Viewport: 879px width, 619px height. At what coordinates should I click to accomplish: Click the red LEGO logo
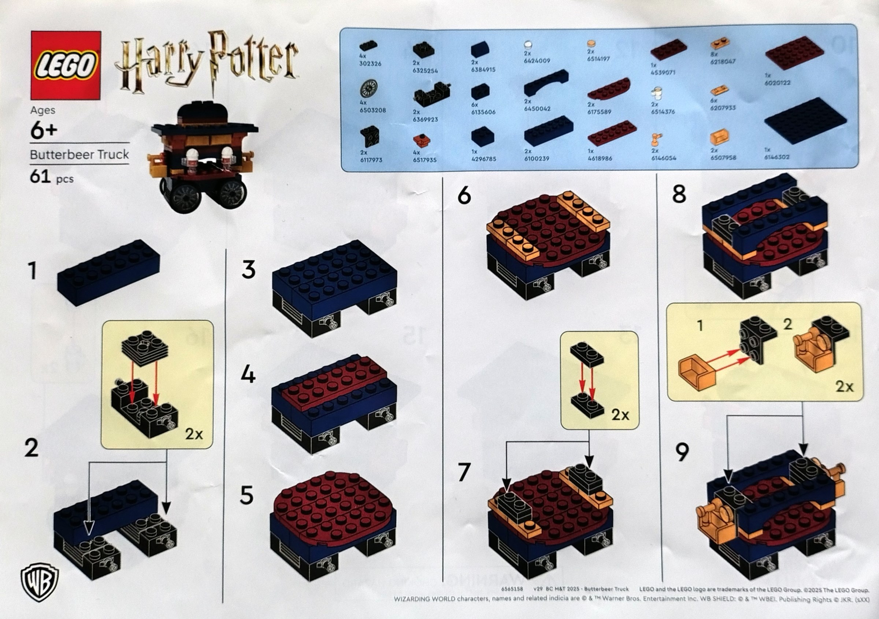click(x=66, y=65)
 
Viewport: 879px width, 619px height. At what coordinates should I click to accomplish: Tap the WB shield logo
click(x=40, y=582)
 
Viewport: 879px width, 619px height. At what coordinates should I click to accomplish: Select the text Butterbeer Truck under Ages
click(x=79, y=155)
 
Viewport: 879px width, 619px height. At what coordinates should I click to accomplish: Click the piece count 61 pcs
click(x=52, y=177)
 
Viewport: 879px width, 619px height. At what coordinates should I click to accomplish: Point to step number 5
click(x=246, y=495)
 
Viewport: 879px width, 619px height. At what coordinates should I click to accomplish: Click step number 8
click(x=679, y=194)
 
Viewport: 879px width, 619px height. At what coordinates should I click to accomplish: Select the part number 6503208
click(x=372, y=110)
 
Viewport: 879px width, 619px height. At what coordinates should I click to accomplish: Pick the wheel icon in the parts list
click(x=368, y=88)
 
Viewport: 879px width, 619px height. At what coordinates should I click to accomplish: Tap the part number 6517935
click(x=424, y=160)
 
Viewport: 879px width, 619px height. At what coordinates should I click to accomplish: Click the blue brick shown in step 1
click(x=108, y=272)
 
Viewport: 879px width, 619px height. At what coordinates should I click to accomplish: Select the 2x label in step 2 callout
click(x=194, y=434)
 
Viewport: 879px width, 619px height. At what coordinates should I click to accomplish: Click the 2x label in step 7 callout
click(x=620, y=414)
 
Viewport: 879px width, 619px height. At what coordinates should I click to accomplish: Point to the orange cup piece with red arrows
click(x=696, y=373)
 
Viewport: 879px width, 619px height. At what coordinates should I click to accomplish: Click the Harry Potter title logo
click(x=207, y=63)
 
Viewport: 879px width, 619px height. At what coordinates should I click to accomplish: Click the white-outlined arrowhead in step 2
click(x=89, y=530)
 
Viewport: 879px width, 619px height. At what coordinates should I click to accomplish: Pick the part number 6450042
click(x=537, y=109)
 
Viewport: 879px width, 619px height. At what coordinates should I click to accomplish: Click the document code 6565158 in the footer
click(x=512, y=589)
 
